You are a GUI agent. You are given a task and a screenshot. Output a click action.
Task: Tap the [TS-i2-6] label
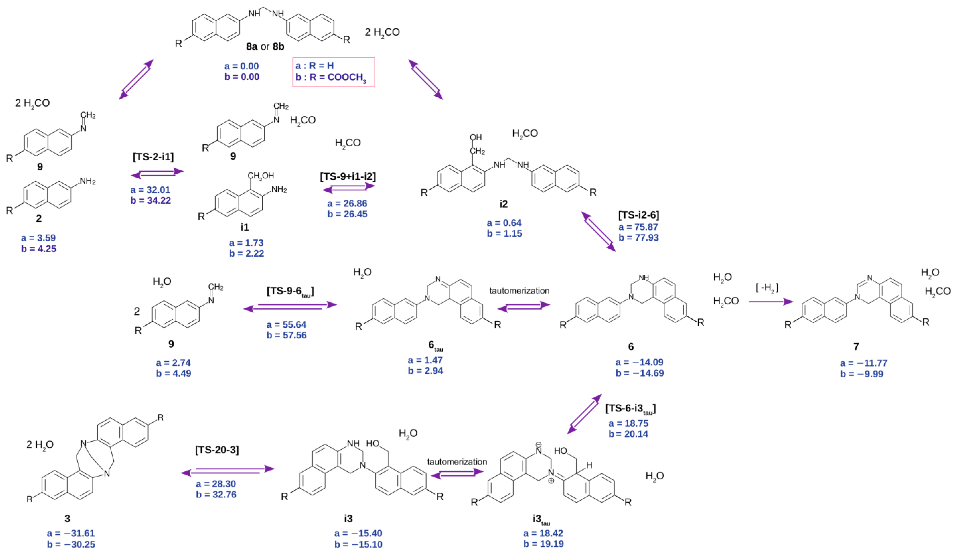(638, 215)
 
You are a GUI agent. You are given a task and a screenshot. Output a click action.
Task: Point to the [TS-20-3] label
(217, 450)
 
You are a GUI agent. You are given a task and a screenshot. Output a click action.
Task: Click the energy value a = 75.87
(638, 227)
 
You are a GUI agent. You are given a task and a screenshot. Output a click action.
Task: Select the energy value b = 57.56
(287, 335)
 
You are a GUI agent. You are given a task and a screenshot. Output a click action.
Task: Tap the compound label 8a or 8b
(265, 47)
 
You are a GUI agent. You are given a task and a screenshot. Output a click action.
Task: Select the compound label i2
(503, 204)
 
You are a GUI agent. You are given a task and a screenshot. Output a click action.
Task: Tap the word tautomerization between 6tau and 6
(519, 291)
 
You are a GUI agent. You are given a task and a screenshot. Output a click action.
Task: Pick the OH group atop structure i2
(476, 137)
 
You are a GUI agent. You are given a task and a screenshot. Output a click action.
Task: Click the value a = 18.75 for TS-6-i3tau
(629, 423)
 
